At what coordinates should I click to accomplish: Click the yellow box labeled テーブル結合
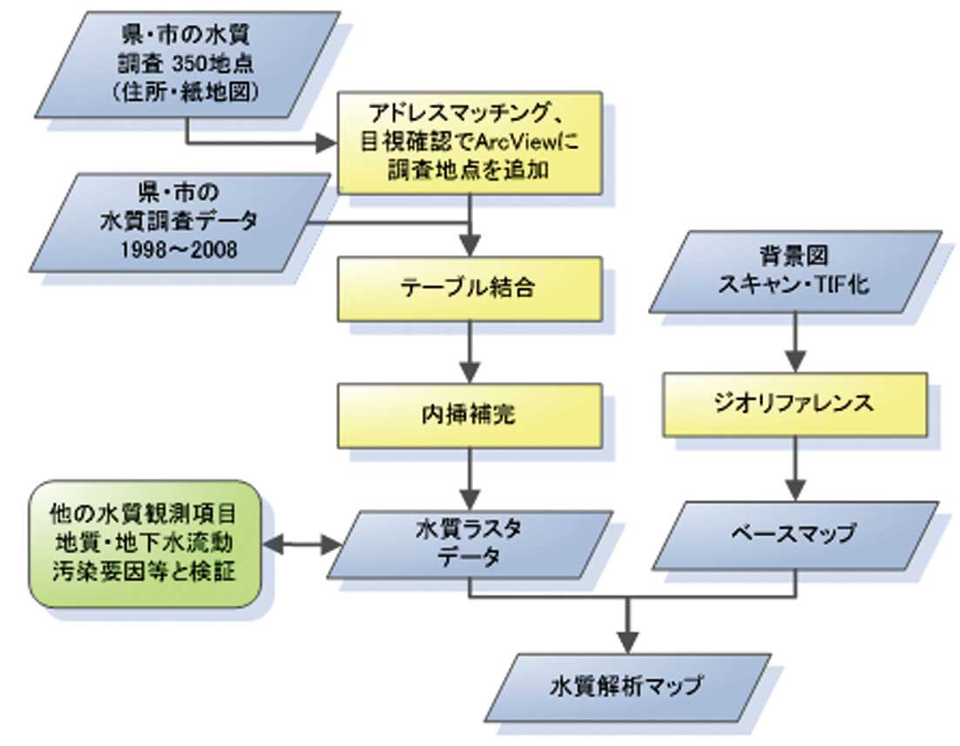point(470,288)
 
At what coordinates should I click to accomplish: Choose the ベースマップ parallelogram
point(794,533)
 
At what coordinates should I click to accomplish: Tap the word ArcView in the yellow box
point(515,143)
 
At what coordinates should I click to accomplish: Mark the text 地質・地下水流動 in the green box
point(145,544)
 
